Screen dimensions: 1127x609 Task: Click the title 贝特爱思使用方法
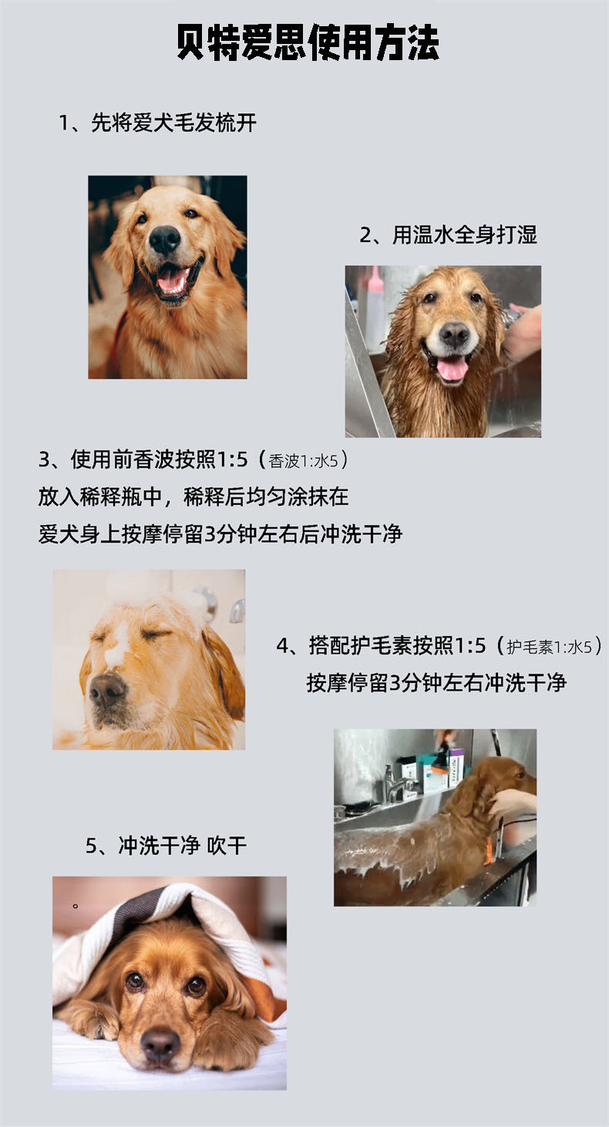point(308,44)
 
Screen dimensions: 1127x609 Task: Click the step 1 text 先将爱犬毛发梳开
point(157,123)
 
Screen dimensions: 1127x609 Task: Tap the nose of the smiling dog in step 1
point(164,240)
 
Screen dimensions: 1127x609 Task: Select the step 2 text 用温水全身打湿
point(448,235)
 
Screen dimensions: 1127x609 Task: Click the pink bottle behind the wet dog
point(375,304)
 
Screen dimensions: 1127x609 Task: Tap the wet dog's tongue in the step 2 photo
point(452,369)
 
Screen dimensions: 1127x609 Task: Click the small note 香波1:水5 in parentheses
point(308,461)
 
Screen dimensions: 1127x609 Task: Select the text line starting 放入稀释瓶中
point(193,496)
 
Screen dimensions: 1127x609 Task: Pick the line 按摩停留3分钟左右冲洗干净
point(436,682)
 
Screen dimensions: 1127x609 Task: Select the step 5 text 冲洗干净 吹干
point(167,846)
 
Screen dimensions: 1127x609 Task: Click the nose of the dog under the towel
point(160,1043)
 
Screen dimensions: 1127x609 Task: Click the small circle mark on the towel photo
point(76,905)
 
